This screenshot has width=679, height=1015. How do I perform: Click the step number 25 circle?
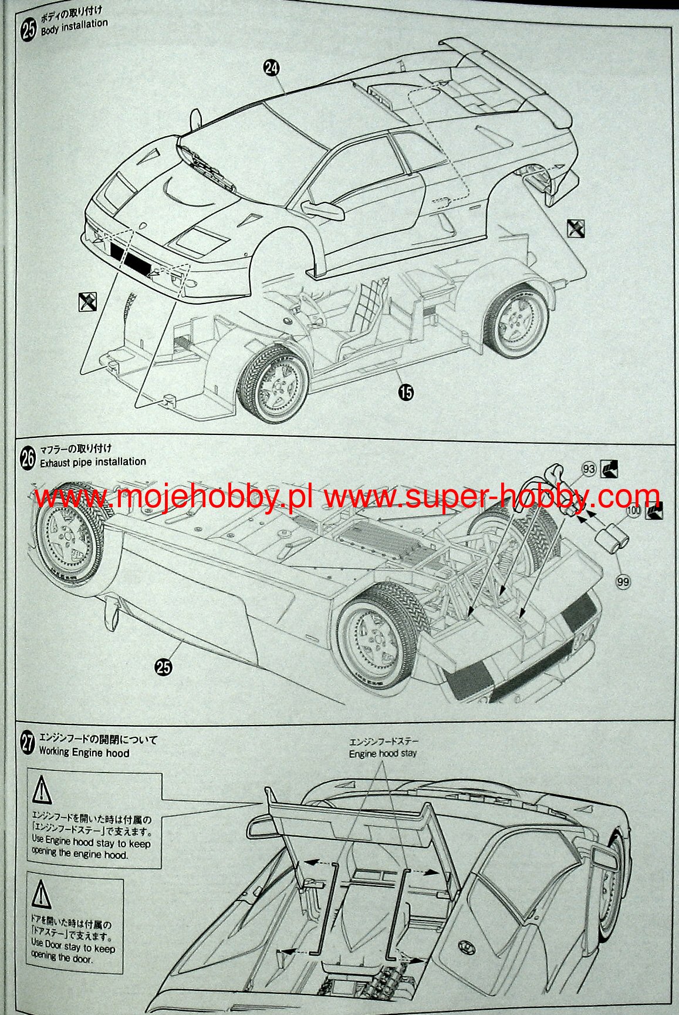point(28,29)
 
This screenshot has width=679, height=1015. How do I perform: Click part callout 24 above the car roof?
point(271,68)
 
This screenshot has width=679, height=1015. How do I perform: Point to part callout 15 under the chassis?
point(406,392)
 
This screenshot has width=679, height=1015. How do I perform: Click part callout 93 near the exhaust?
point(589,469)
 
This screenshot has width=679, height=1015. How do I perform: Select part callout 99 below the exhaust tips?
point(623,581)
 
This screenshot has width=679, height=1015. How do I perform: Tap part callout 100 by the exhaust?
point(633,511)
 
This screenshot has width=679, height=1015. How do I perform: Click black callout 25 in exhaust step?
point(164,666)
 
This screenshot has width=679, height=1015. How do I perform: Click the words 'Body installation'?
point(74,27)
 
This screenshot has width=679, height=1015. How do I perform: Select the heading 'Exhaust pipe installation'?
point(93,462)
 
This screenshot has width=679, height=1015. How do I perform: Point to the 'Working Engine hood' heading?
point(84,753)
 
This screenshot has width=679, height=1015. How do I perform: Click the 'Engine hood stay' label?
point(383,754)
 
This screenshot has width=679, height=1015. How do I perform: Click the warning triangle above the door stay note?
point(41,895)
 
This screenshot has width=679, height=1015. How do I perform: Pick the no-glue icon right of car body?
point(576,228)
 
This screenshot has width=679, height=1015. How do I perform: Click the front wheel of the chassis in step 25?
point(273,385)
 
